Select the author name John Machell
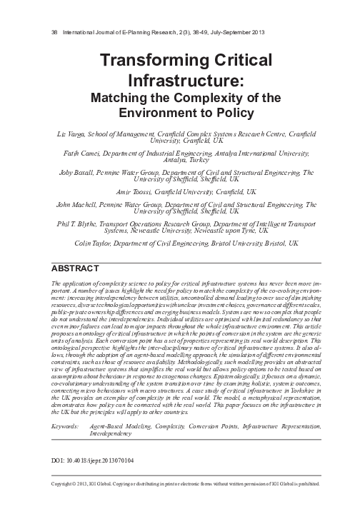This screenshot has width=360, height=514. [79, 205]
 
